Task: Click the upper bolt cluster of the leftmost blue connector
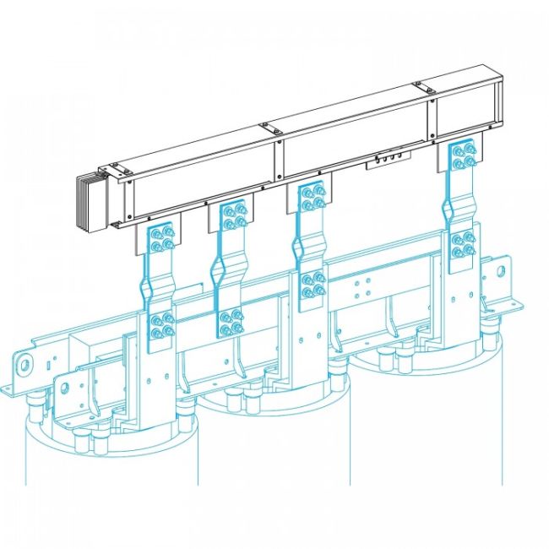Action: pos(160,239)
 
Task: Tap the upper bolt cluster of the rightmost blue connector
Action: pos(461,155)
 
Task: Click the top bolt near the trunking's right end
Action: pos(416,84)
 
